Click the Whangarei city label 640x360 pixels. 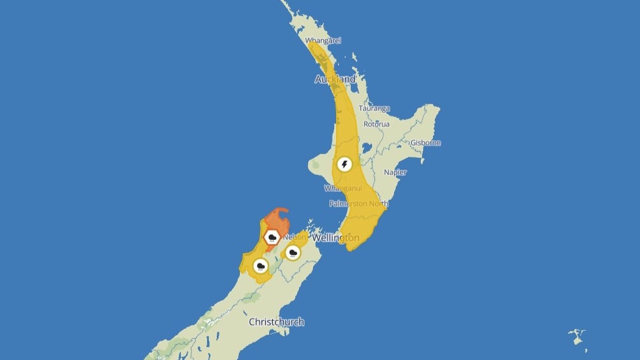(x=323, y=40)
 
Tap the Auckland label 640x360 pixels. (x=335, y=79)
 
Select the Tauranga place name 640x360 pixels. (x=374, y=108)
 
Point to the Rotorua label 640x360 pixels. (x=376, y=124)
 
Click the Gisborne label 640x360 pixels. (x=426, y=143)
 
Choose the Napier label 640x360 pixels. (x=395, y=172)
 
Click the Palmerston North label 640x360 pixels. (x=356, y=203)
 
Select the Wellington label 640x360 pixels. (x=335, y=238)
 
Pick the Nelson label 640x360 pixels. (x=295, y=236)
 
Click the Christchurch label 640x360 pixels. (x=276, y=322)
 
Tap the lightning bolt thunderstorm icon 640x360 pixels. (x=345, y=164)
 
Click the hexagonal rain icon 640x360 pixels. (x=272, y=237)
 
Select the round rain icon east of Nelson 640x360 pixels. (x=293, y=252)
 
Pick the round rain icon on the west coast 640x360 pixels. (x=261, y=266)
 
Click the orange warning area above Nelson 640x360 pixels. (x=277, y=219)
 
